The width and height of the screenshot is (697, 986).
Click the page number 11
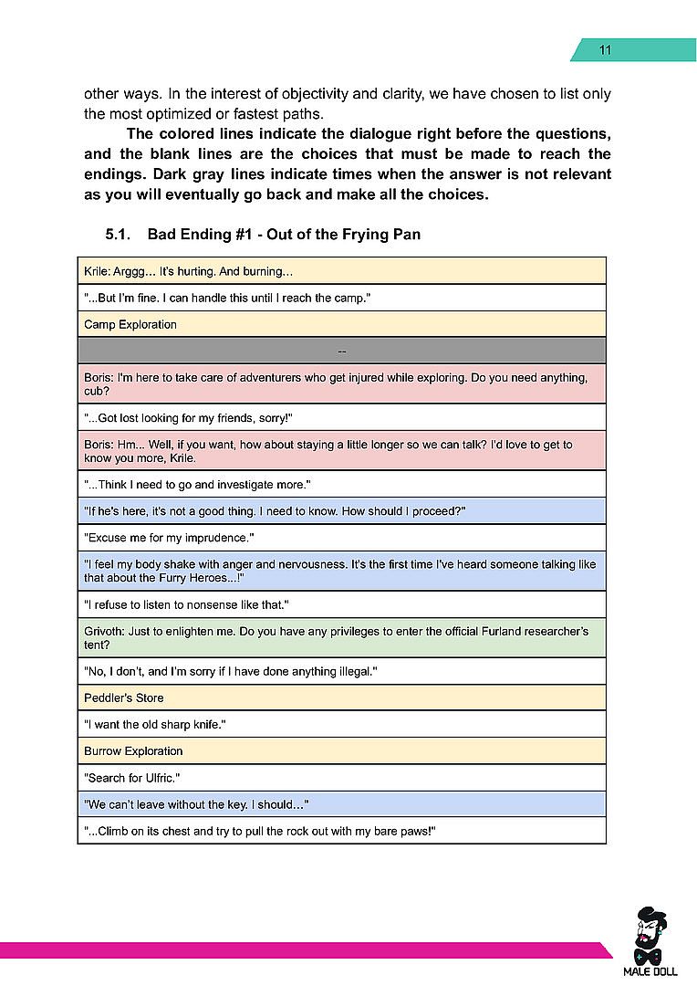[604, 50]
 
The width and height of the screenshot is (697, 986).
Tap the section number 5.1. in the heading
[120, 235]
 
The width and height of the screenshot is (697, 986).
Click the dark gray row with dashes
[341, 351]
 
